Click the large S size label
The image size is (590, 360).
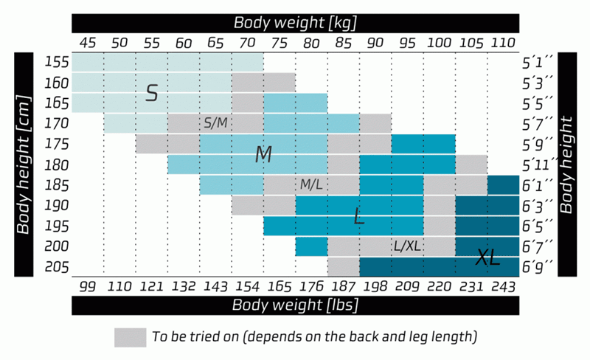[152, 93]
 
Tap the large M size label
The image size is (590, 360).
[263, 154]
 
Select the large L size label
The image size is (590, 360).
[359, 215]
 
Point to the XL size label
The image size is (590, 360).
[487, 257]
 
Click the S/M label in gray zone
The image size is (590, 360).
[215, 122]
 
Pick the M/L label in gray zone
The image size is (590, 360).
[311, 184]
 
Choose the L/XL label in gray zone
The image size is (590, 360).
[407, 246]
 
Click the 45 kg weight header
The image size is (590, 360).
[88, 43]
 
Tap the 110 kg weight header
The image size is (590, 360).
[503, 43]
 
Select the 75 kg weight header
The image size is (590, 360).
[280, 43]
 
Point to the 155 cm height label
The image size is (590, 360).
[57, 62]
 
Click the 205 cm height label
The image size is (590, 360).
[57, 267]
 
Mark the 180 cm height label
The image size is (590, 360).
[57, 165]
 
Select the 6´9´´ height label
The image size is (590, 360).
[538, 267]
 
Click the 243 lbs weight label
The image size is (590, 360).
[504, 287]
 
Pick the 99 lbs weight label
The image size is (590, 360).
[88, 286]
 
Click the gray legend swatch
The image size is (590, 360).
[131, 337]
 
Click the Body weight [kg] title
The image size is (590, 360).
[296, 23]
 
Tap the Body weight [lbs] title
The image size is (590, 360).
[296, 305]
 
